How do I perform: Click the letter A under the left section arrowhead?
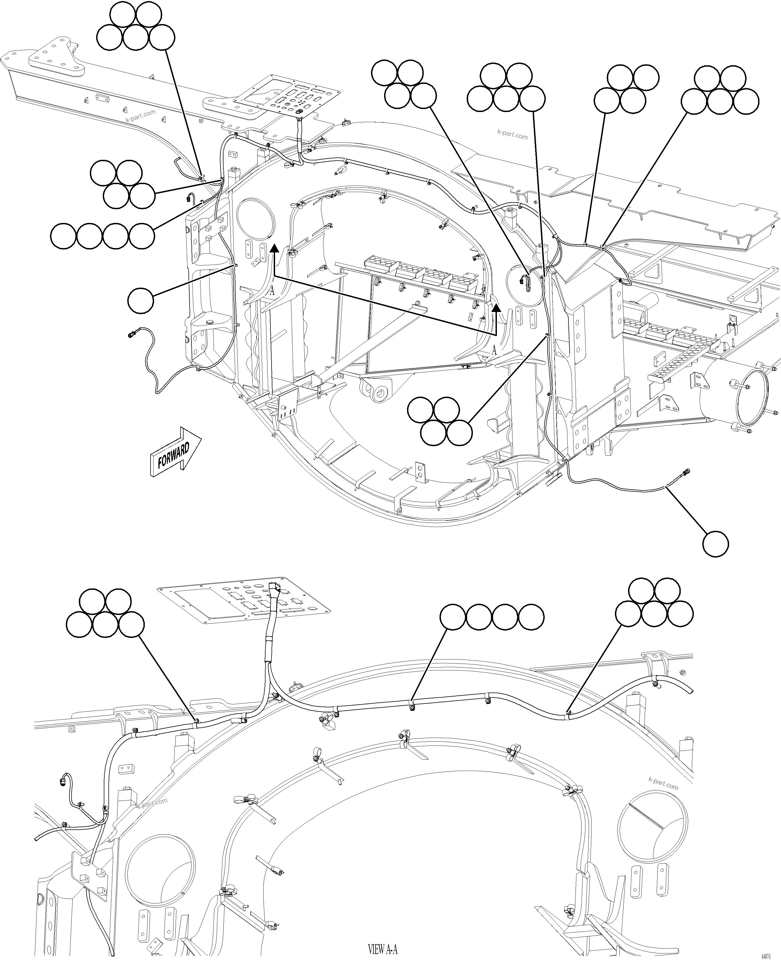pos(272,291)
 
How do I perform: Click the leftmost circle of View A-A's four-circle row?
pos(453,617)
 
